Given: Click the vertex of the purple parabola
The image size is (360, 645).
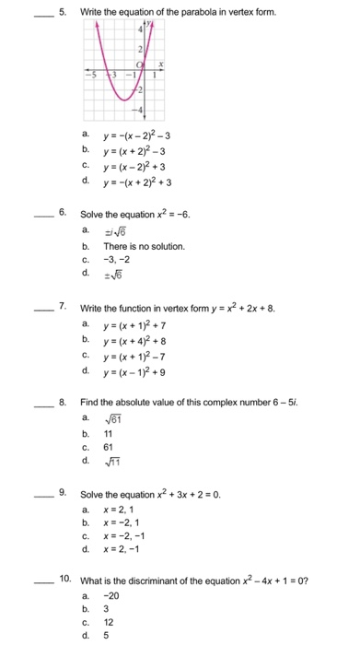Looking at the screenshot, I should pos(119,99).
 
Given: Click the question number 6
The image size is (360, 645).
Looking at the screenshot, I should pos(62,213).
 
